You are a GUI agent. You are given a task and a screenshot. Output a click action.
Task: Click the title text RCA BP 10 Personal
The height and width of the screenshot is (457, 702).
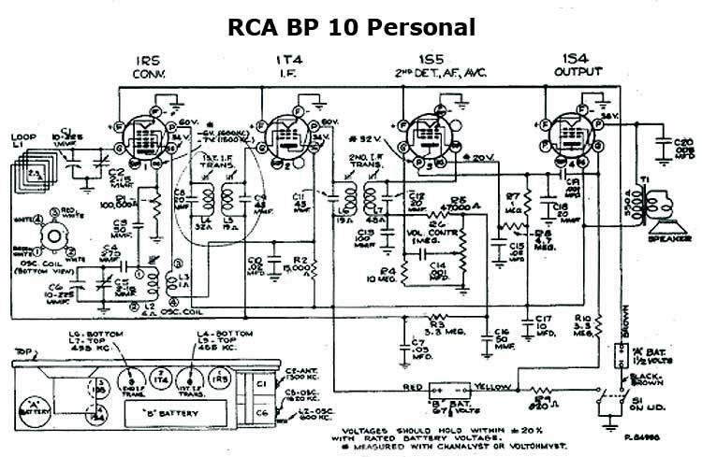click(352, 25)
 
